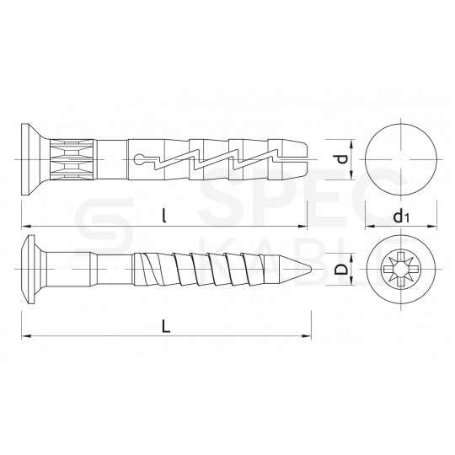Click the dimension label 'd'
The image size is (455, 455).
343,159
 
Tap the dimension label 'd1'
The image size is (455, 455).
401,217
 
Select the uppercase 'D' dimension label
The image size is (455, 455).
341,269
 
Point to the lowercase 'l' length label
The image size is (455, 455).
164,217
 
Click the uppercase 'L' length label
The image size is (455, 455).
166,327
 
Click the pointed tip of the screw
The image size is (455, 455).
311,269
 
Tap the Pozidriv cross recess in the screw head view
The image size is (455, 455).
401,269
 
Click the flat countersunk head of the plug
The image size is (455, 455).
25,159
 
